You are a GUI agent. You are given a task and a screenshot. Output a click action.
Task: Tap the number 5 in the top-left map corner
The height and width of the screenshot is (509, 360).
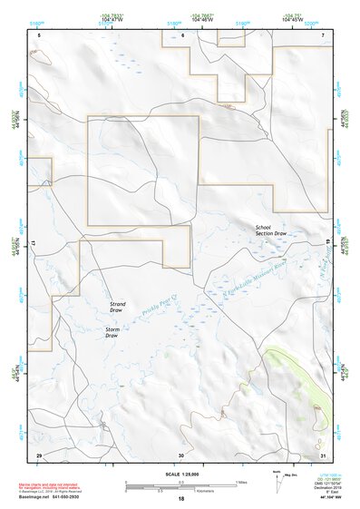pyautogui.click(x=40, y=34)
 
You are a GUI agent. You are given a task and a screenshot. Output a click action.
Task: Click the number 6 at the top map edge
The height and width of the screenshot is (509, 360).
pyautogui.click(x=182, y=34)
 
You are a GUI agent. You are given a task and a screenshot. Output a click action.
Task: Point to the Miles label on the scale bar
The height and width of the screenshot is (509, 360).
pyautogui.click(x=240, y=481)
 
